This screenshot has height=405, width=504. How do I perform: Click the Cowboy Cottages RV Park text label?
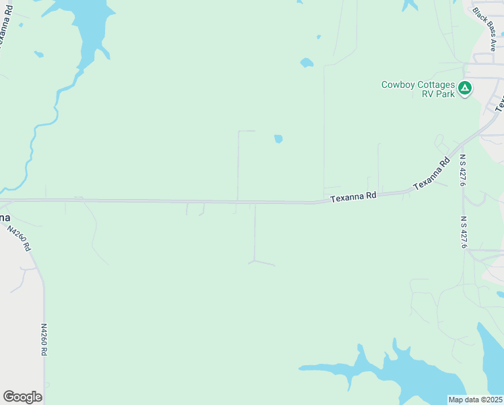pyautogui.click(x=418, y=89)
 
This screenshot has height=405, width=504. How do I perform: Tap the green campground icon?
pyautogui.click(x=464, y=88)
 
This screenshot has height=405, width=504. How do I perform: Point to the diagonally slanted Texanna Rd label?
pyautogui.click(x=431, y=174)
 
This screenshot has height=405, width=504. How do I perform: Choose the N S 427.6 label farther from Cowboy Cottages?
pyautogui.click(x=464, y=232)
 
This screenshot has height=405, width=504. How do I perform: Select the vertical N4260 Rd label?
pyautogui.click(x=44, y=340)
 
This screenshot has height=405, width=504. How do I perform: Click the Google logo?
pyautogui.click(x=22, y=397)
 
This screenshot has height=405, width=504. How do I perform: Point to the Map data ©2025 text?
pyautogui.click(x=475, y=400)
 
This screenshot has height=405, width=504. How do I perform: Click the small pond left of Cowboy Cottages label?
pyautogui.click(x=307, y=63)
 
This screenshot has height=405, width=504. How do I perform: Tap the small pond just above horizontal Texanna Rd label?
pyautogui.click(x=278, y=139)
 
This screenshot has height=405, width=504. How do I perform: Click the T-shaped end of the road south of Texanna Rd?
pyautogui.click(x=255, y=261)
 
